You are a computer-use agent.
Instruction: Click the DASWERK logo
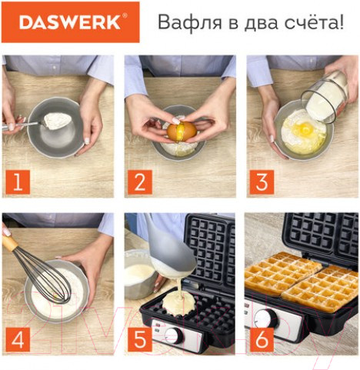70,22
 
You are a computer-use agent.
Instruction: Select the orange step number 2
139,182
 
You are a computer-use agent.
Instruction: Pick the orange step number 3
262,182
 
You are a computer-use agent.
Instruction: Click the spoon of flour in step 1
56,120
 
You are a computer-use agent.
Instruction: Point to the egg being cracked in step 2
182,132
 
